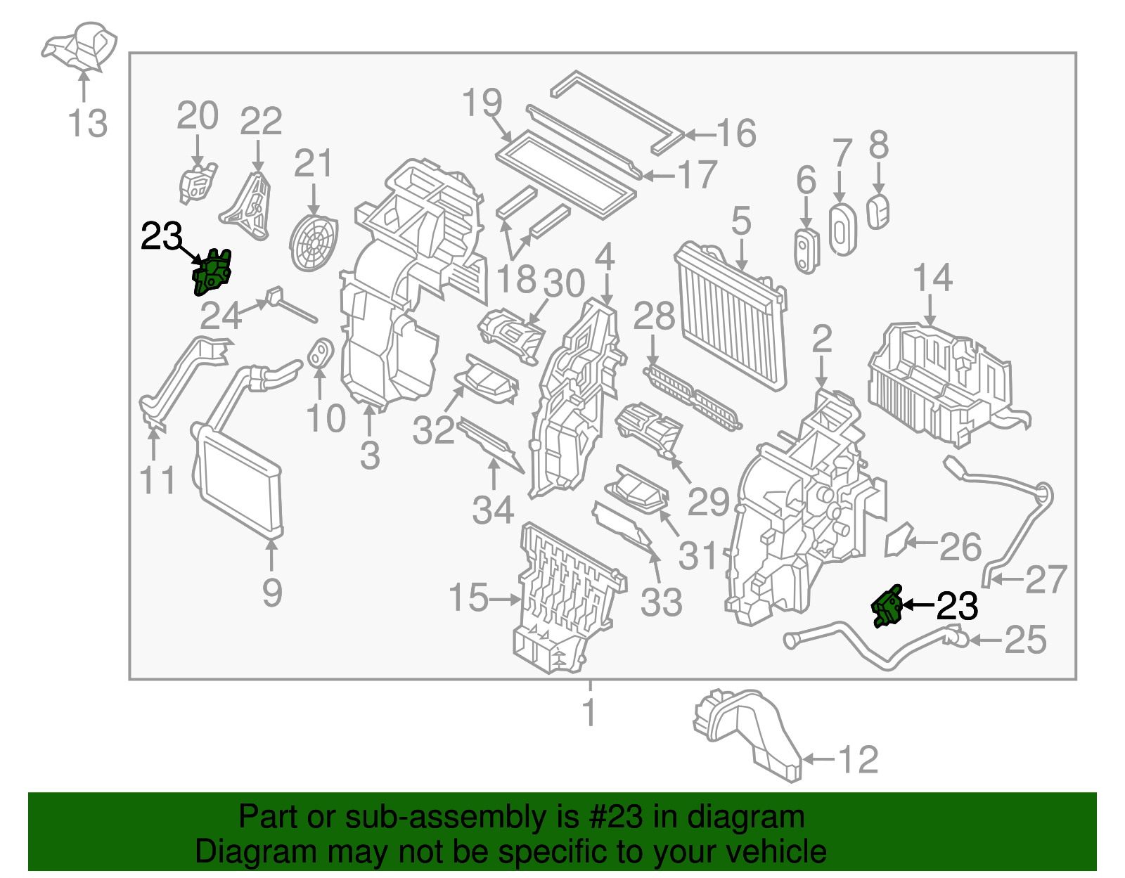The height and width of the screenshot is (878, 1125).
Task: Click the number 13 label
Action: pos(88,124)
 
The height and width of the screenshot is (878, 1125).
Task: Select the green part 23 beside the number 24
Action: pos(212,273)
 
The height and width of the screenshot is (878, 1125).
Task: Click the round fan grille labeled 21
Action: pos(314,242)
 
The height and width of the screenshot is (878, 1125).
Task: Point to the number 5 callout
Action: pos(741,221)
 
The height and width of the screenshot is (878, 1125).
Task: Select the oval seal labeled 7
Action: pos(842,229)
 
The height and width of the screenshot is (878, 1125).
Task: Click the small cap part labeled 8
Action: pos(878,212)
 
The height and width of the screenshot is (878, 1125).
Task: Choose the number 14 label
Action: pos(932,278)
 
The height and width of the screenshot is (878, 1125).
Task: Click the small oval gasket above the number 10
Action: pos(321,353)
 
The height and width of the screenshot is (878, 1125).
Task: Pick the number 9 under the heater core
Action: pos(272,592)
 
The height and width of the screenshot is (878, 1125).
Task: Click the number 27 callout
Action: pos(1046,580)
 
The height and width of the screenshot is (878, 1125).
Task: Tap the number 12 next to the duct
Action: pos(859,760)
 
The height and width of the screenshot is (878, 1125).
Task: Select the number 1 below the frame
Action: pos(589,713)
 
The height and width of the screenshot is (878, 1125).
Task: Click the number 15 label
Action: pos(468,598)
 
